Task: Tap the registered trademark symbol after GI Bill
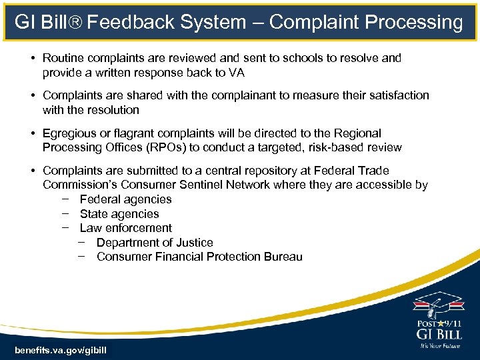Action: (x=77, y=21)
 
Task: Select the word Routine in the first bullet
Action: (x=64, y=58)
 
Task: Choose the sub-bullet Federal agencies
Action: (x=125, y=199)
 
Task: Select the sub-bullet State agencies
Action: (x=119, y=214)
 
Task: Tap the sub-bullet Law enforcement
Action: (x=125, y=228)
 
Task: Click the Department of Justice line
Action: (x=155, y=243)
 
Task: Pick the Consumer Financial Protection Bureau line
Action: (x=199, y=257)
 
